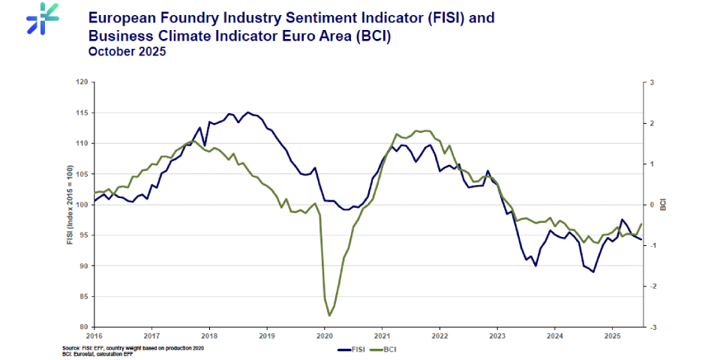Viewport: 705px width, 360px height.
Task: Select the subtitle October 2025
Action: tap(127, 52)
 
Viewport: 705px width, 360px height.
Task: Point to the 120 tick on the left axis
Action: tap(82, 82)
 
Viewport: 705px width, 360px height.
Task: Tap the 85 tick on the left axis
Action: tap(84, 296)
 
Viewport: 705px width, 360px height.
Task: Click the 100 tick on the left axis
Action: tap(82, 205)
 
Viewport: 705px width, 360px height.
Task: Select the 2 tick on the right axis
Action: tap(652, 123)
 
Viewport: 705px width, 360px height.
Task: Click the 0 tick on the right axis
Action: tap(652, 205)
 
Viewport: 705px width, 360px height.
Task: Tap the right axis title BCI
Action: tap(664, 204)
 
